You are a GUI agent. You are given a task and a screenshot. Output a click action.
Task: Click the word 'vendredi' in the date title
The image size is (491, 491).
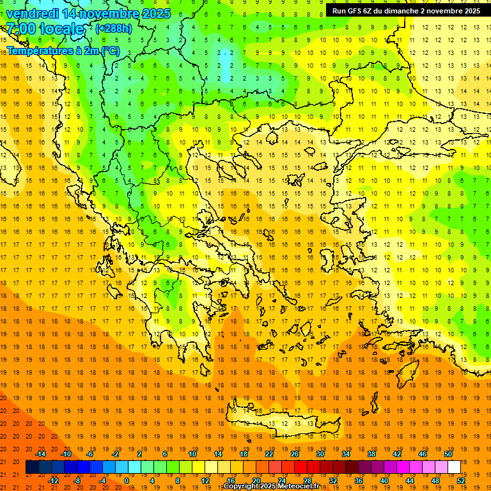tap(32, 13)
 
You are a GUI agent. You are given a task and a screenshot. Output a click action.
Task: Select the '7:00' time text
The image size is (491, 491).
tap(19, 29)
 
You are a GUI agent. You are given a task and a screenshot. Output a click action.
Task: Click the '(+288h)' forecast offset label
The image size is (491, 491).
tap(114, 29)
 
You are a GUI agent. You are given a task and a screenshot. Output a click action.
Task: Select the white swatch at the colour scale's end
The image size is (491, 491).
tap(454, 467)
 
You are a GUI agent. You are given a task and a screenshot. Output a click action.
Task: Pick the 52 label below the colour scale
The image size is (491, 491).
tap(461, 480)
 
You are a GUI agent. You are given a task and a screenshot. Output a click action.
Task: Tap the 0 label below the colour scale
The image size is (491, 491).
tap(127, 480)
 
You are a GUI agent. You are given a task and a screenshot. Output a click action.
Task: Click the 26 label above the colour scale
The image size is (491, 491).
tap(295, 454)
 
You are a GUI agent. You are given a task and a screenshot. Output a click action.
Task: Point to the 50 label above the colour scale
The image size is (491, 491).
tap(448, 454)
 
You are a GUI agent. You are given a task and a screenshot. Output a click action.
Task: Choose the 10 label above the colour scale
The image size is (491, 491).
tap(192, 454)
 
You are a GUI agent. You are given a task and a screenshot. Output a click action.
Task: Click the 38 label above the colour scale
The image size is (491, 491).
tap(371, 454)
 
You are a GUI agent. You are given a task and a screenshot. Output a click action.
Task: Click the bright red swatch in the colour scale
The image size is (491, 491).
tap(300, 467)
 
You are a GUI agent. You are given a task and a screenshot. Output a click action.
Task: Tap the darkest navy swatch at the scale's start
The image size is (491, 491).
tap(32, 467)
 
